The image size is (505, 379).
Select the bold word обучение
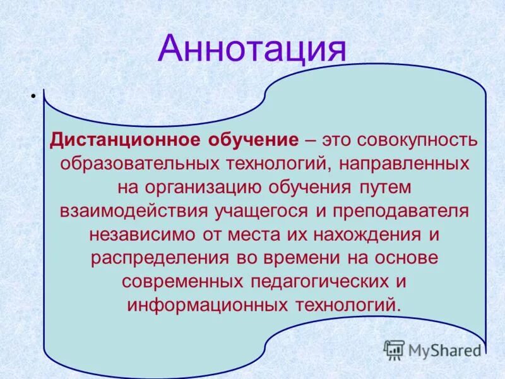pos(252,140)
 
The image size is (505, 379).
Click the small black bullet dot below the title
pos(30,96)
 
